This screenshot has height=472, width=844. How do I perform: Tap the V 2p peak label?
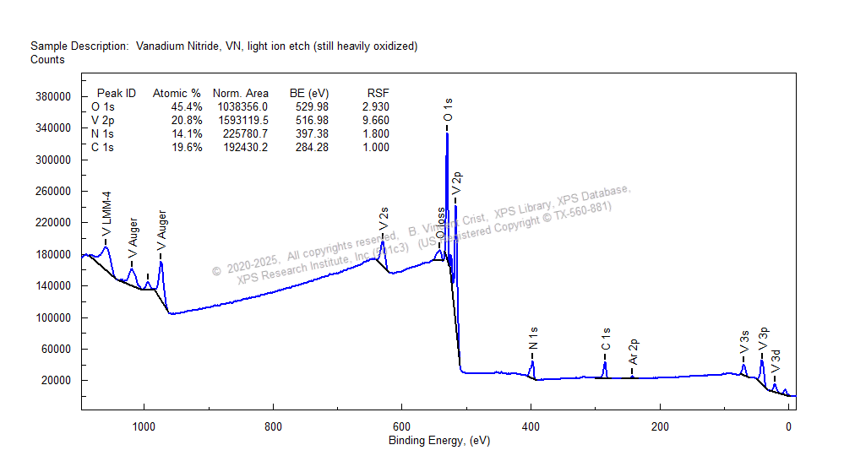(x=457, y=184)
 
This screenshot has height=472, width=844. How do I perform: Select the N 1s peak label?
(x=533, y=338)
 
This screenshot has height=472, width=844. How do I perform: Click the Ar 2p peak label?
(x=633, y=351)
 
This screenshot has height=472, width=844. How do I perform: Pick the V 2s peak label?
(x=384, y=218)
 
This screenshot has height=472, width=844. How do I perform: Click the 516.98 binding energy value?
(x=308, y=121)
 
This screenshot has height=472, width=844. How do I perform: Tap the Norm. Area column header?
(x=241, y=93)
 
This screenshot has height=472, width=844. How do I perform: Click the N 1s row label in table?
(x=102, y=134)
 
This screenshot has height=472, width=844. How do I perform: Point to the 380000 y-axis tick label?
(x=52, y=96)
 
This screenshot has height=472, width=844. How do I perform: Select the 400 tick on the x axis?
(x=531, y=426)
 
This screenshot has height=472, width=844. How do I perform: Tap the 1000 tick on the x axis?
(x=144, y=426)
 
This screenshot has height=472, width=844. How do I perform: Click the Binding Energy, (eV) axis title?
(x=438, y=441)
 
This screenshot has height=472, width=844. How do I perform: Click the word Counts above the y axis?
(x=47, y=60)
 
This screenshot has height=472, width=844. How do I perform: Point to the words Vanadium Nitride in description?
(x=176, y=46)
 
